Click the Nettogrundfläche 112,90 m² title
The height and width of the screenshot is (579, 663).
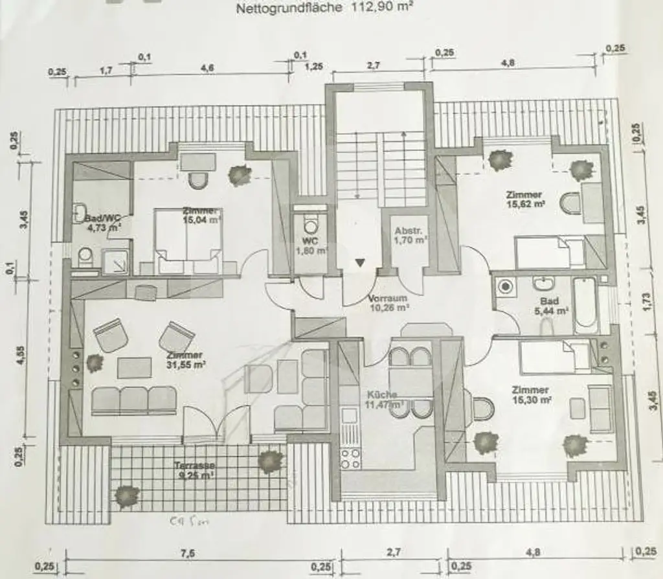coord(325,8)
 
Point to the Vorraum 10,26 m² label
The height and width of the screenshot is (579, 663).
coord(387,304)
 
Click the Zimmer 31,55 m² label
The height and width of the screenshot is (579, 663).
coord(186,360)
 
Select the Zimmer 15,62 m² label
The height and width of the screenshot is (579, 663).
coord(525,199)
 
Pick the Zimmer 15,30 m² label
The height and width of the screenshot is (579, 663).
coord(531,395)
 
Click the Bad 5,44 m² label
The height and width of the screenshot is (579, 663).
coord(554,306)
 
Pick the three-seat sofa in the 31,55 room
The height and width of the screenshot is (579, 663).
coord(134,400)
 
